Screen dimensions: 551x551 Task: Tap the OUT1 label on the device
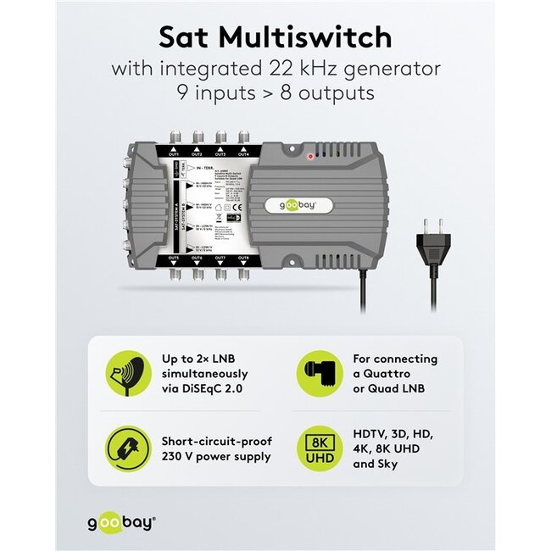tap(174, 154)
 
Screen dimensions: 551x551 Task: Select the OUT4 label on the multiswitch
tap(244, 154)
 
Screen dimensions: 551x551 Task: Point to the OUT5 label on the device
tap(174, 257)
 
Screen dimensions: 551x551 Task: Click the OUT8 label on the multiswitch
tap(244, 257)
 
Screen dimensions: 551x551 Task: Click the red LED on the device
tap(310, 156)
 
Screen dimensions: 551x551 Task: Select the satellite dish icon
tap(126, 373)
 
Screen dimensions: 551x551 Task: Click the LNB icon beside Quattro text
tap(319, 373)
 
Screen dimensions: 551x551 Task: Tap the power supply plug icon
tap(126, 448)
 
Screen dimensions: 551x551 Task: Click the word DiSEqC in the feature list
tap(210, 388)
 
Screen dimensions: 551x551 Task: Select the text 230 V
tap(178, 457)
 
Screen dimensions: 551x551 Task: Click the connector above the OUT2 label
tap(197, 138)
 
